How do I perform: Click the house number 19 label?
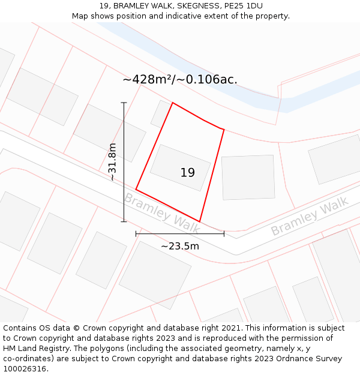pos(188,173)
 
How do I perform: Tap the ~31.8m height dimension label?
pos(112,162)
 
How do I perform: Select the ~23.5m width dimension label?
pos(180,245)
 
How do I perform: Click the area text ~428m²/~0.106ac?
pos(180,79)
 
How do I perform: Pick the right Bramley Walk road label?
pos(310,218)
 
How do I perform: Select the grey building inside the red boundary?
pos(180,167)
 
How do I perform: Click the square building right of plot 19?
pos(248,177)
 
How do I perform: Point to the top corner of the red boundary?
pos(173,103)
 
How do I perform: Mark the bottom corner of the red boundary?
pos(200,221)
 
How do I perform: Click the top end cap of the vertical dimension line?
pos(124,103)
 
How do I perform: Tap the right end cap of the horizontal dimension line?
pos(224,233)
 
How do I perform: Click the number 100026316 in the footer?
pos(23,368)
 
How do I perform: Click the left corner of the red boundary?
pos(136,190)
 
